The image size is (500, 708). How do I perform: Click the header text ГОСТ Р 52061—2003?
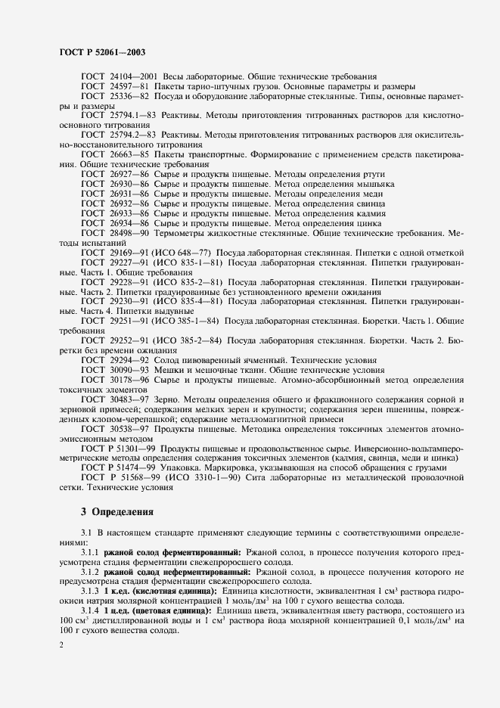point(101,52)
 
